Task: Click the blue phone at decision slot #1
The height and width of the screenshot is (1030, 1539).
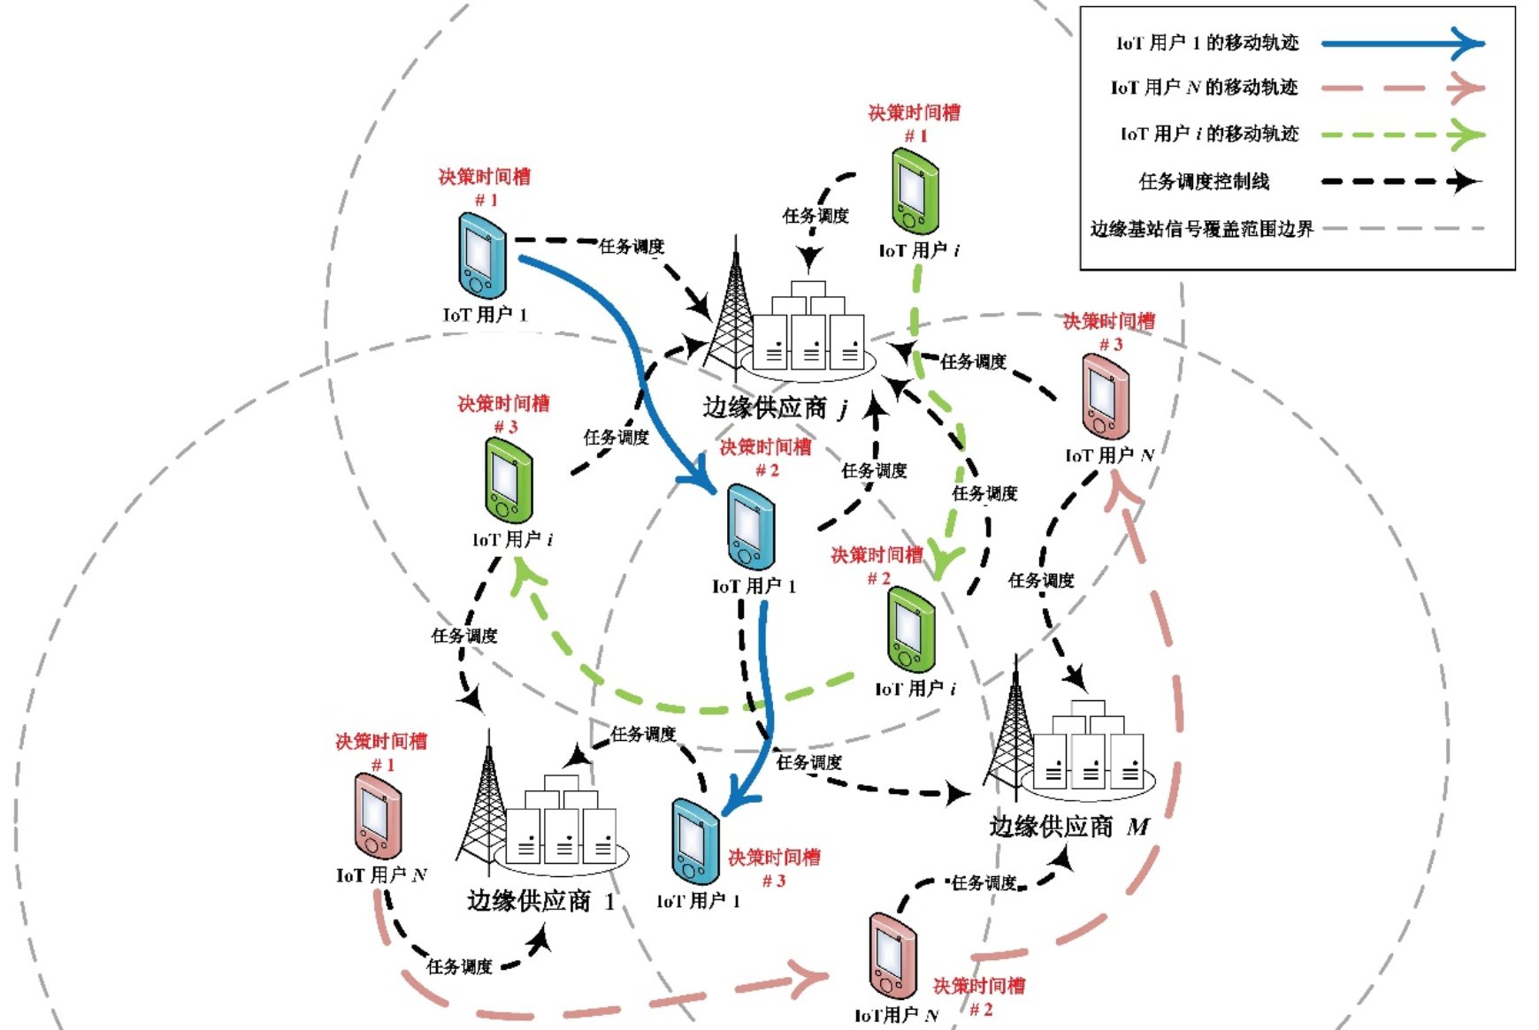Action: (x=482, y=257)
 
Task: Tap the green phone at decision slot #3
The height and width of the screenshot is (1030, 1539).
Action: (x=508, y=482)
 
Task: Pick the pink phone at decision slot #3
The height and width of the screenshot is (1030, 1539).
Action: (x=1105, y=397)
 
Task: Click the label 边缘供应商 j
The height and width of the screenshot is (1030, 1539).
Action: (x=776, y=408)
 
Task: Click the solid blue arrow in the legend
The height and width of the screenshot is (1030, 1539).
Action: (x=1402, y=43)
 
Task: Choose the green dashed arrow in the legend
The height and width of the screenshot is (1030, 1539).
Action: (x=1402, y=135)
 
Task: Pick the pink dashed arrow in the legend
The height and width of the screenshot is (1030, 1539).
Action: (x=1402, y=88)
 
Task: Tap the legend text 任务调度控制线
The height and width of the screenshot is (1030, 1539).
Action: (x=1204, y=182)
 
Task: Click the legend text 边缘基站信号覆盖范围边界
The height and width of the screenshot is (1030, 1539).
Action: (x=1201, y=229)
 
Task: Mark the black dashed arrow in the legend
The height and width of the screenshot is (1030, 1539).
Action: (x=1402, y=182)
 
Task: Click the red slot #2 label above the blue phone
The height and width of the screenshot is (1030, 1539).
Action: (x=766, y=458)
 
